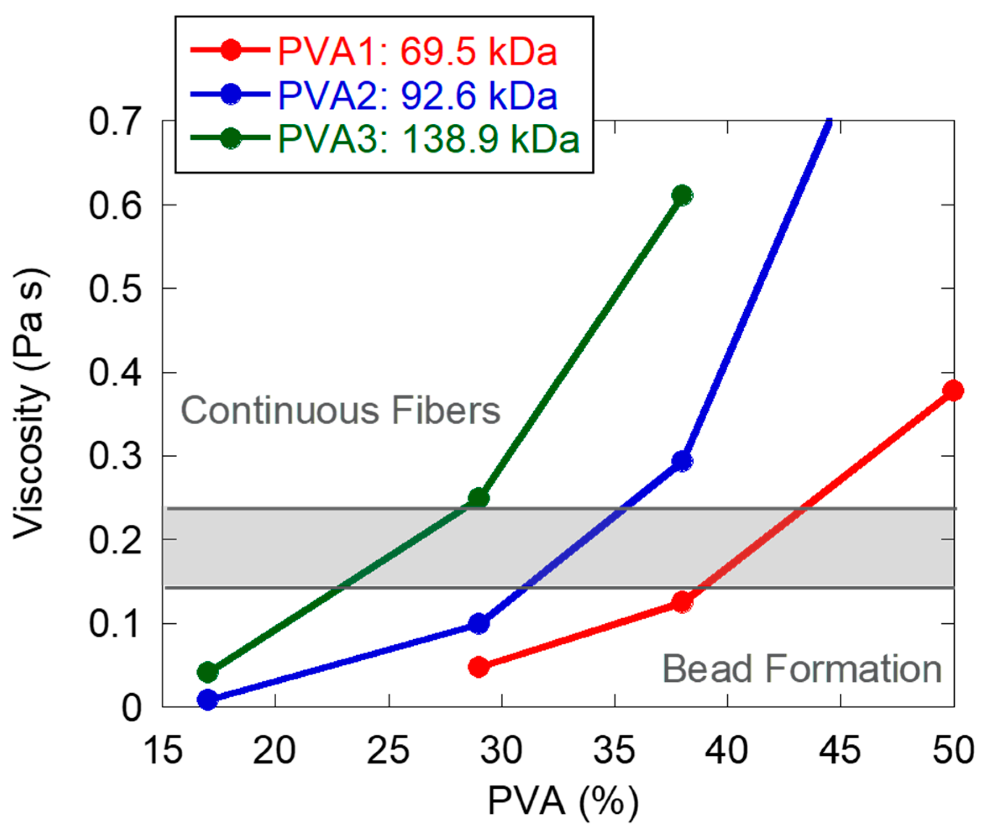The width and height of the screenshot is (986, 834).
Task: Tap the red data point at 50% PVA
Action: [x=952, y=390]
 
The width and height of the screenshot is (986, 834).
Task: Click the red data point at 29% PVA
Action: [x=478, y=667]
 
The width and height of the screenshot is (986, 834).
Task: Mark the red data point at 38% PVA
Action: [x=682, y=602]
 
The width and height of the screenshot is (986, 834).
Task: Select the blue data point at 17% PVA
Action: [x=207, y=699]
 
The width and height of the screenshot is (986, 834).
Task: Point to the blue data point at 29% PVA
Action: [x=478, y=624]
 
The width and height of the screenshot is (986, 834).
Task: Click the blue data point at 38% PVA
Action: [x=682, y=461]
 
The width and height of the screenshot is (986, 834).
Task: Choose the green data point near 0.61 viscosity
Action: [x=682, y=195]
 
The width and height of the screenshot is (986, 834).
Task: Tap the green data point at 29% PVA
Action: [x=478, y=498]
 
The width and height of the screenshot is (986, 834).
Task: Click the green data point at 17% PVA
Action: [x=207, y=672]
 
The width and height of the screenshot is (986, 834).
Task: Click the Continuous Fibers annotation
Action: [x=340, y=410]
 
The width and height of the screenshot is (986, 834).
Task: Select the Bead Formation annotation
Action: [x=801, y=669]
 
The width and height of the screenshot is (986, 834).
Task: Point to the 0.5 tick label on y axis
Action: [x=115, y=289]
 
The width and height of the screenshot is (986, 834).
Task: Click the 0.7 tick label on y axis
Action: [x=115, y=121]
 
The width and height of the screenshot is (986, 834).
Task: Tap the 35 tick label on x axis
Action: [x=614, y=751]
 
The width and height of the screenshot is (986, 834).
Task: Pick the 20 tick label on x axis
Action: [x=274, y=751]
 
